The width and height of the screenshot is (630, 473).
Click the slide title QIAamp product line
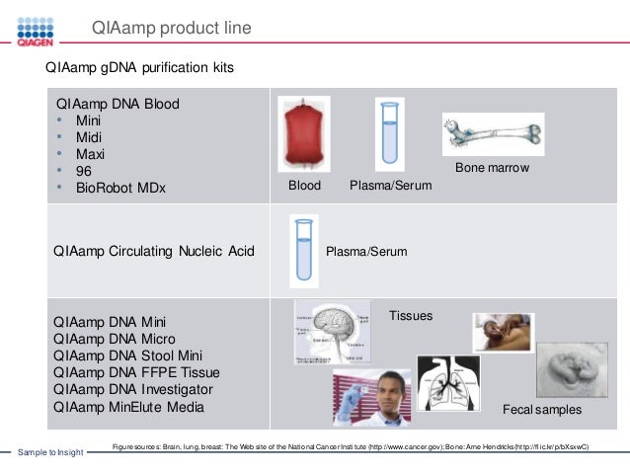[171, 28]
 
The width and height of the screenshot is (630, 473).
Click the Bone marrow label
[492, 169]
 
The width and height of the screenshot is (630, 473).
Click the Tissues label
[410, 316]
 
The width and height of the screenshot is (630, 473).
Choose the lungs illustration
[449, 383]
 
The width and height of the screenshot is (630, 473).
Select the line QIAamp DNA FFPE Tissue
[137, 372]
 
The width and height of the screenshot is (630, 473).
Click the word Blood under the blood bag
[304, 185]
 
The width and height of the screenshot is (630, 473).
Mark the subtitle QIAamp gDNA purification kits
[139, 69]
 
